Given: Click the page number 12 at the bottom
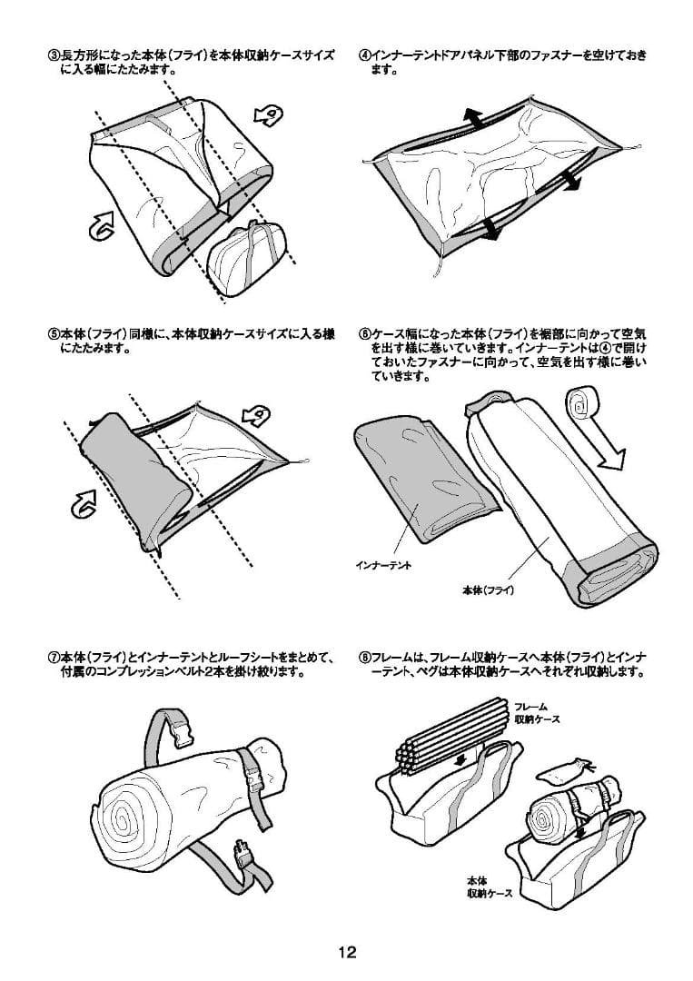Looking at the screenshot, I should click(x=347, y=952).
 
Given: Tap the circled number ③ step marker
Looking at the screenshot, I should click(x=54, y=55).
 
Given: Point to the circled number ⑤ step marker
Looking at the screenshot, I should click(x=54, y=334).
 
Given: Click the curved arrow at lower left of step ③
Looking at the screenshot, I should click(x=102, y=225).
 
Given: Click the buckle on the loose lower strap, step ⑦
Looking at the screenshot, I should click(x=244, y=854).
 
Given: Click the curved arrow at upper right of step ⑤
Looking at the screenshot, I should click(x=258, y=415).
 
